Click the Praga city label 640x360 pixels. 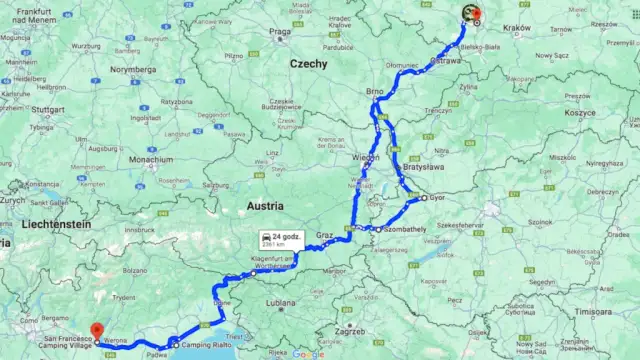pos(279,31)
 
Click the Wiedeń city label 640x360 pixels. pos(366,158)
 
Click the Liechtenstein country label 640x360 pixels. pos(49,225)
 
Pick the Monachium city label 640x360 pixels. pos(151,158)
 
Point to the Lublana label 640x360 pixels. pos(281,301)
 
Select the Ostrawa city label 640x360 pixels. pos(445,60)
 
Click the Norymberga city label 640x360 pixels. pos(134,69)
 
